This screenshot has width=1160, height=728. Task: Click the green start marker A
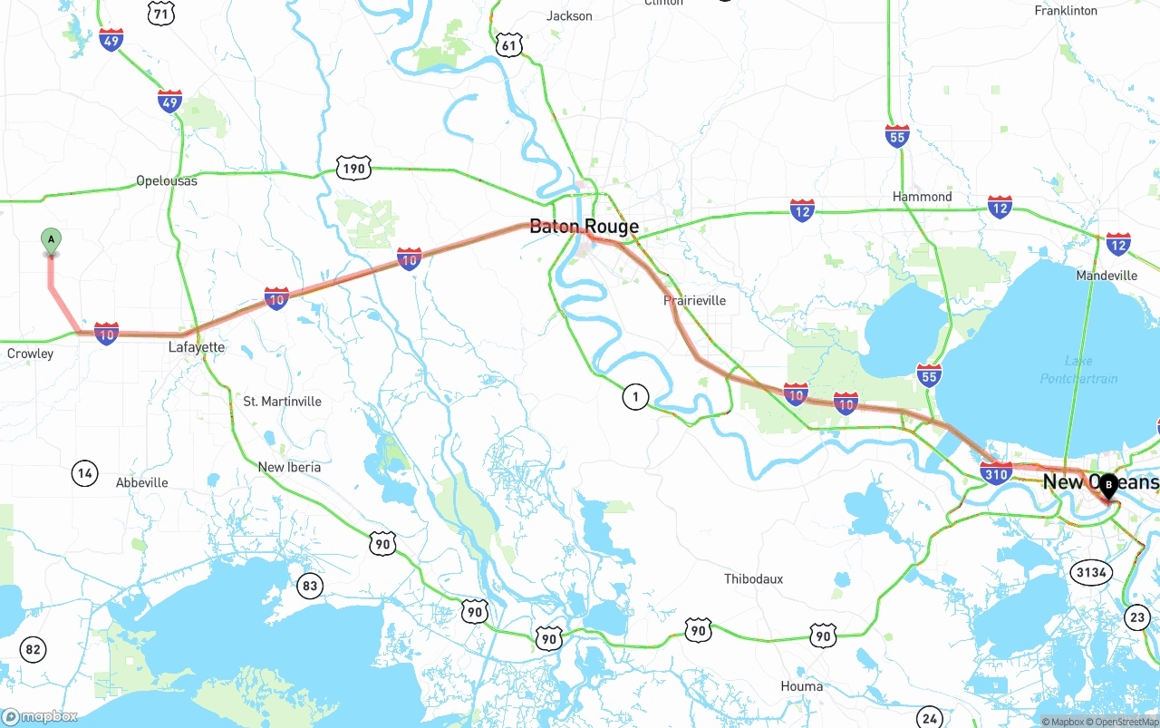coord(52,240)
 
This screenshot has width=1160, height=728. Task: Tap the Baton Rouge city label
coord(584,227)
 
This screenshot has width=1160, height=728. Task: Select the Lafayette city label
coord(197,347)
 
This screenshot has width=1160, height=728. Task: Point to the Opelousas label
coord(167,180)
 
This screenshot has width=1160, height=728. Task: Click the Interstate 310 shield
coord(996,472)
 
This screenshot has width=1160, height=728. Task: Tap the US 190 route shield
coord(353,168)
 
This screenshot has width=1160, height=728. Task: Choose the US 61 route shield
coord(510,44)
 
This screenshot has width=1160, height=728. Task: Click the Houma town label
coord(801,686)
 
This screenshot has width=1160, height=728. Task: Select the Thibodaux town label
coord(753,578)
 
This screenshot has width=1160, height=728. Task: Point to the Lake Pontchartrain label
coord(1078,369)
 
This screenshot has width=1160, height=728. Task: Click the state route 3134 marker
coord(1090,572)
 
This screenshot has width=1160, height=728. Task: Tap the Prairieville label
coord(694,300)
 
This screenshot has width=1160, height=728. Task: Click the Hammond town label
coord(922,196)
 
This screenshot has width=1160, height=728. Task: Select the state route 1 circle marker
coord(635,396)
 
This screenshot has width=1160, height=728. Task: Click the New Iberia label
coord(289,467)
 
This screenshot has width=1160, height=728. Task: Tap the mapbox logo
coord(40,716)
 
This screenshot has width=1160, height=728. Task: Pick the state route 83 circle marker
coord(310,586)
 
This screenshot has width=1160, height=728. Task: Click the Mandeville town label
coord(1107,275)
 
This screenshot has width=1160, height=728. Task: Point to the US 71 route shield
coord(161,13)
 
